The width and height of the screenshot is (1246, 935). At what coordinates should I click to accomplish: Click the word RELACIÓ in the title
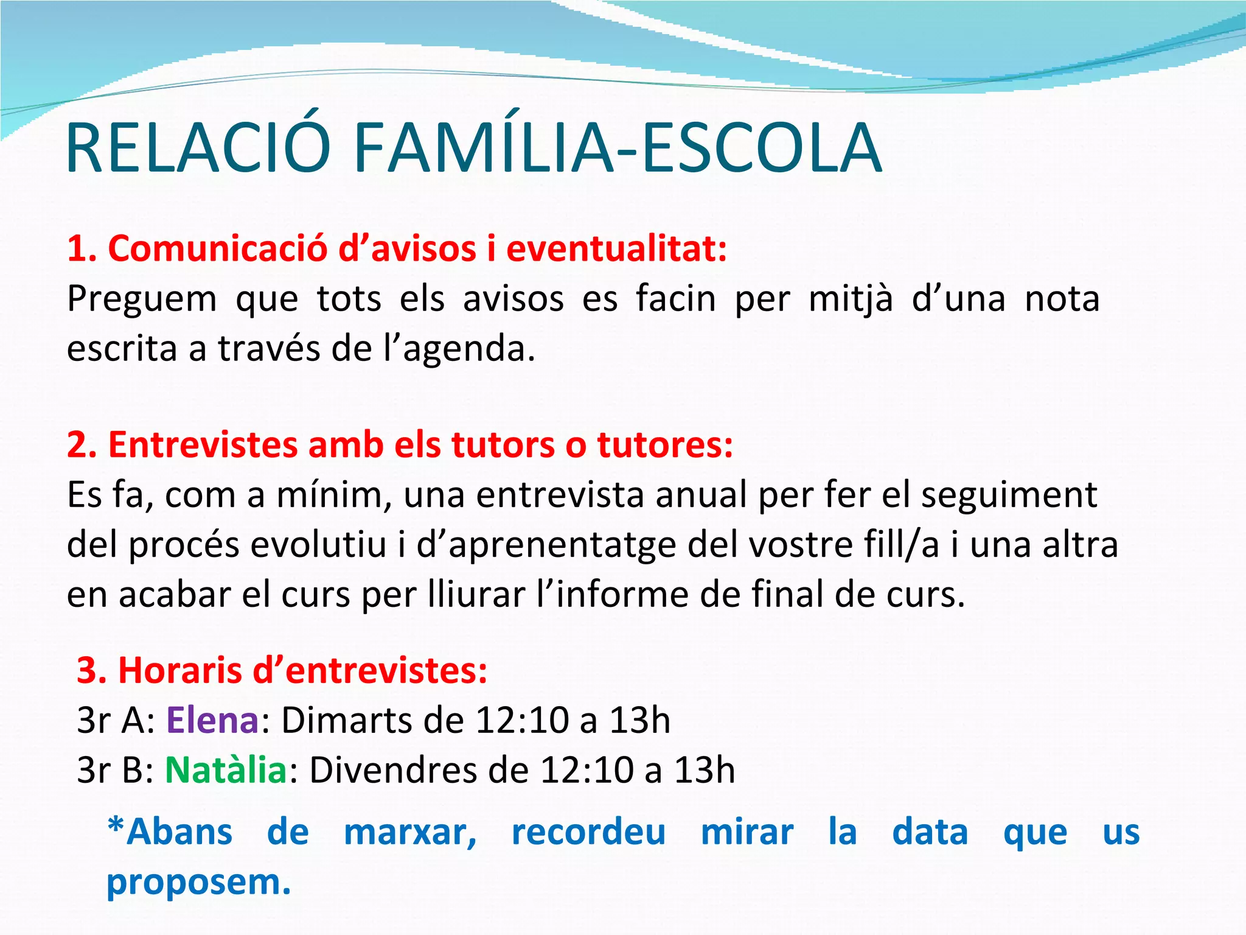[x=198, y=148]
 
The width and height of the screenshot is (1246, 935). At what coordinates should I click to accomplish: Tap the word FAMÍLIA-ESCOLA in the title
[x=617, y=148]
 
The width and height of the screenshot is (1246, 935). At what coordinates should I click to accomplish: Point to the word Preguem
[x=142, y=299]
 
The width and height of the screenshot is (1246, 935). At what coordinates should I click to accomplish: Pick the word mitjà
[x=851, y=299]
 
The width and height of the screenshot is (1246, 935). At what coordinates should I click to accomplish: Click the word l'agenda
[x=459, y=349]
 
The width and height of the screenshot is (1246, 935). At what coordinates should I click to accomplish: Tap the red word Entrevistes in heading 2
[x=203, y=445]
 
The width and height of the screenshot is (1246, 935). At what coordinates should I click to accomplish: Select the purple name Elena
[x=213, y=721]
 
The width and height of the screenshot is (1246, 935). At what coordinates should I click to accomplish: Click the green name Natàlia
[x=226, y=771]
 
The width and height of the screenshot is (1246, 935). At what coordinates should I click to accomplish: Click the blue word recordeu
[x=588, y=832]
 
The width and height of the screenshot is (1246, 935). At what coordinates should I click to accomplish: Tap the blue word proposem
[x=198, y=883]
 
